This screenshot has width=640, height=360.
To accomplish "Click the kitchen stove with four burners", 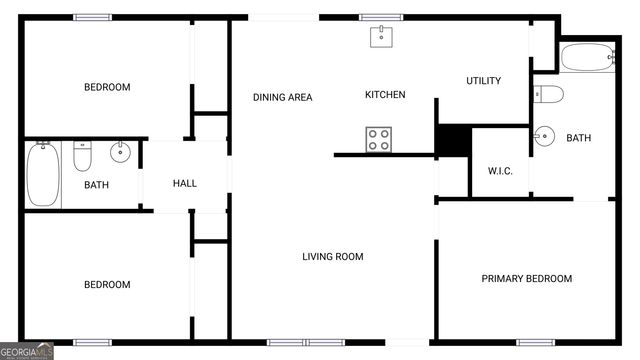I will click(x=379, y=140).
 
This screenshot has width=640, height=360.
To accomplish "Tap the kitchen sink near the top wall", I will click(x=381, y=37).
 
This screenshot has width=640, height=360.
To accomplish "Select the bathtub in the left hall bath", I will click(x=44, y=174).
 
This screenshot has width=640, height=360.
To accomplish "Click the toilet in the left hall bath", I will click(x=83, y=157).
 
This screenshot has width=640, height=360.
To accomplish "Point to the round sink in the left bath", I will click(x=120, y=153).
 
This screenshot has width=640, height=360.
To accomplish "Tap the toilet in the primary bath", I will click(x=548, y=95).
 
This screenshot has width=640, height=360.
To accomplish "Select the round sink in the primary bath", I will click(x=545, y=135).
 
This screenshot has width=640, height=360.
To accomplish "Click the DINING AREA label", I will click(x=282, y=97).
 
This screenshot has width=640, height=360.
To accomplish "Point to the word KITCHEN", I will click(x=385, y=95).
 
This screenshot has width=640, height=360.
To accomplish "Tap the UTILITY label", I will click(x=483, y=81).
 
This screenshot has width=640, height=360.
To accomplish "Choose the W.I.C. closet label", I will click(x=500, y=171).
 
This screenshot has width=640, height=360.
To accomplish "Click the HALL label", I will click(x=185, y=184).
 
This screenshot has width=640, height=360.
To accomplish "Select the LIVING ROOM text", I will click(x=333, y=257).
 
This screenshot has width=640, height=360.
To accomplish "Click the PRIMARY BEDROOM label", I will click(x=527, y=279).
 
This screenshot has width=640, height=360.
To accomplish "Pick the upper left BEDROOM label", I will click(x=107, y=87).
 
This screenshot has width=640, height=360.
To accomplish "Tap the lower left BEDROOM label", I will click(x=107, y=285).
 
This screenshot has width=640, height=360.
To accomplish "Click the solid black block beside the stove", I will click(x=453, y=140).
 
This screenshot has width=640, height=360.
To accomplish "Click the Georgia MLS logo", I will click(x=27, y=351).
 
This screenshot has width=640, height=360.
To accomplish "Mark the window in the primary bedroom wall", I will click(x=535, y=342).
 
